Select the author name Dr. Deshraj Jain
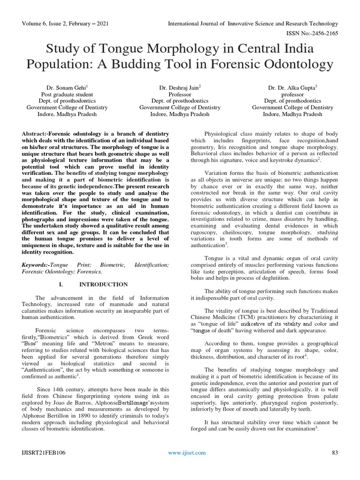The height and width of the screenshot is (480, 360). coord(180,87)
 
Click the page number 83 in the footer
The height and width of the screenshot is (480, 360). coord(335,452)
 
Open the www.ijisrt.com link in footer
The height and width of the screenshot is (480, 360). coord(187,452)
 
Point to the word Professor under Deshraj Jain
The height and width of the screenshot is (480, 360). coord(180,94)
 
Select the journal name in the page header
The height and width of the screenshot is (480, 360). coord(253,23)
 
